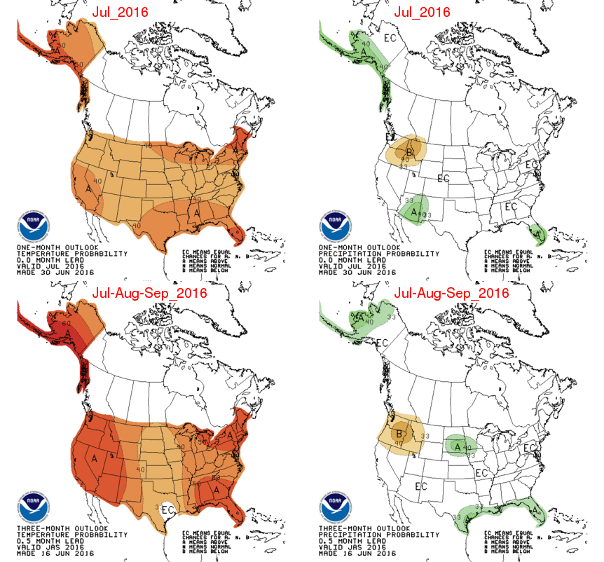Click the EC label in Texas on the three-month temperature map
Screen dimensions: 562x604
(167, 509)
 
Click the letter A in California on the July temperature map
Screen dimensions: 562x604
(89, 189)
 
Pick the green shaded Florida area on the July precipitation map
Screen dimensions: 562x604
(538, 232)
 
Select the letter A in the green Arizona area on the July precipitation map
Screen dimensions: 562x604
(414, 210)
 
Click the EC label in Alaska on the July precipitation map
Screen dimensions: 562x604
(390, 39)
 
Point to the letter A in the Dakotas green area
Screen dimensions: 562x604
(457, 446)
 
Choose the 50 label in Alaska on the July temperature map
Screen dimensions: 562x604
(63, 46)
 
